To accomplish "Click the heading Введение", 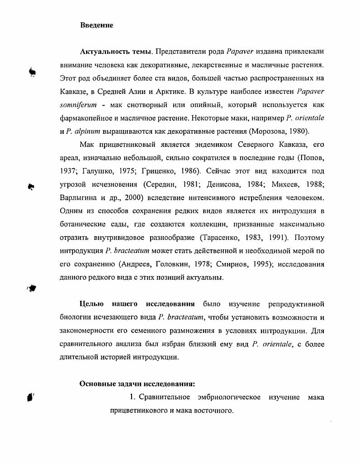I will (x=96, y=25).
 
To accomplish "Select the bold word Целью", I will (x=92, y=304).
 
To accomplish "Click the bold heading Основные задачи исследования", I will (x=137, y=384).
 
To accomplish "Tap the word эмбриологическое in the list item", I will (x=229, y=398).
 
